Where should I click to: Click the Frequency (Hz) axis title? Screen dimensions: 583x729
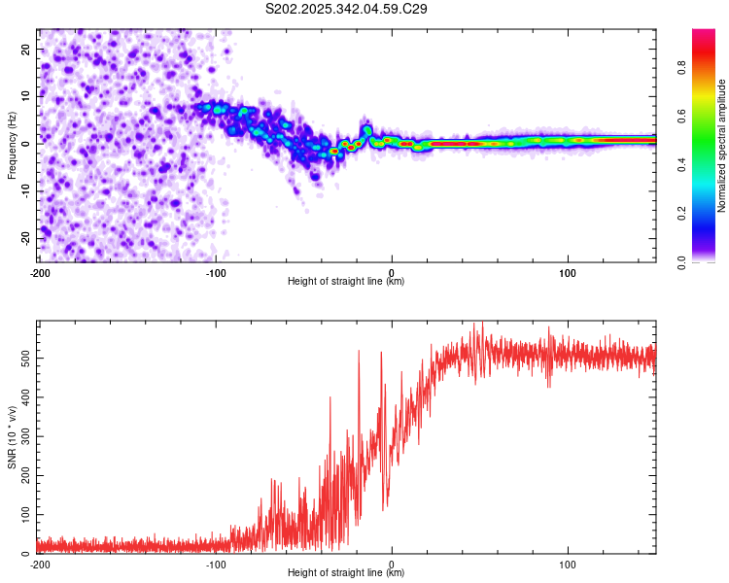(x=12, y=146)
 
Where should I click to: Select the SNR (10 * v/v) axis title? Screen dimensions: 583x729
(x=12, y=437)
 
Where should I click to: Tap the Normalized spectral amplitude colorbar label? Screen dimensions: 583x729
(x=722, y=146)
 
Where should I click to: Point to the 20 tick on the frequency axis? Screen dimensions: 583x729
(x=26, y=49)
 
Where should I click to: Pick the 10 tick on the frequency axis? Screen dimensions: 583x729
(x=26, y=96)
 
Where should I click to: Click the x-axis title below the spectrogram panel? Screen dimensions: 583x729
(x=346, y=282)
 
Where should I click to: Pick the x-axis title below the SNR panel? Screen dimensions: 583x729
(x=346, y=573)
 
